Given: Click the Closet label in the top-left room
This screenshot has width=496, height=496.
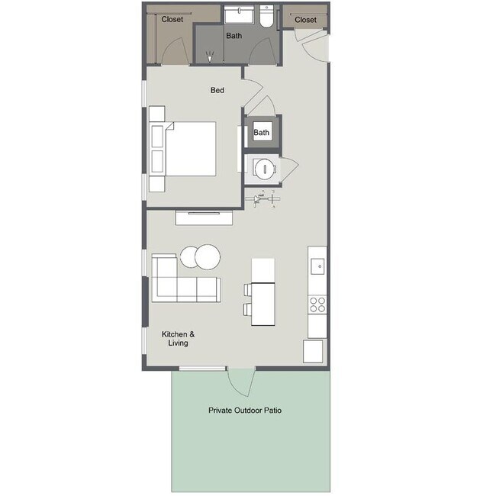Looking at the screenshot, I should pyautogui.click(x=172, y=19).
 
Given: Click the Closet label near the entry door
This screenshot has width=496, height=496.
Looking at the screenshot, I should pyautogui.click(x=305, y=19).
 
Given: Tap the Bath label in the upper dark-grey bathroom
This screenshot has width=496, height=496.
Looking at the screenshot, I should pyautogui.click(x=234, y=36).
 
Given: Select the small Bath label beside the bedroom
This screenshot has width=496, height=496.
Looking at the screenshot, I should pyautogui.click(x=262, y=133).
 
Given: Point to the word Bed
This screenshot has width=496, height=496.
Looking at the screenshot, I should pyautogui.click(x=217, y=91).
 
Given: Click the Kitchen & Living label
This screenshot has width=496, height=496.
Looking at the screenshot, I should pyautogui.click(x=178, y=339).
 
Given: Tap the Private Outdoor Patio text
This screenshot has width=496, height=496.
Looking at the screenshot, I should pyautogui.click(x=245, y=411).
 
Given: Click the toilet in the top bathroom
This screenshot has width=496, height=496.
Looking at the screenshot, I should pyautogui.click(x=266, y=18).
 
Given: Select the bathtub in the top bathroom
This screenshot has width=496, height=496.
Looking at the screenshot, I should pyautogui.click(x=240, y=16).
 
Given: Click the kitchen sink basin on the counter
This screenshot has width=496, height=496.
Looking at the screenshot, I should pyautogui.click(x=318, y=266).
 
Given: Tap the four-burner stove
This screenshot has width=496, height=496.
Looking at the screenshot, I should pyautogui.click(x=317, y=305).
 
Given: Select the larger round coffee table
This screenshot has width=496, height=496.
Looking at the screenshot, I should pyautogui.click(x=207, y=256).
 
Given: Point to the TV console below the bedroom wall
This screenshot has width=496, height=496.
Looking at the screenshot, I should pyautogui.click(x=205, y=218).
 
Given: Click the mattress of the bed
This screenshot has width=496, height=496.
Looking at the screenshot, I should pyautogui.click(x=191, y=148).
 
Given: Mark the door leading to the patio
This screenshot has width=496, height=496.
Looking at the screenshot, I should pyautogui.click(x=239, y=382).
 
